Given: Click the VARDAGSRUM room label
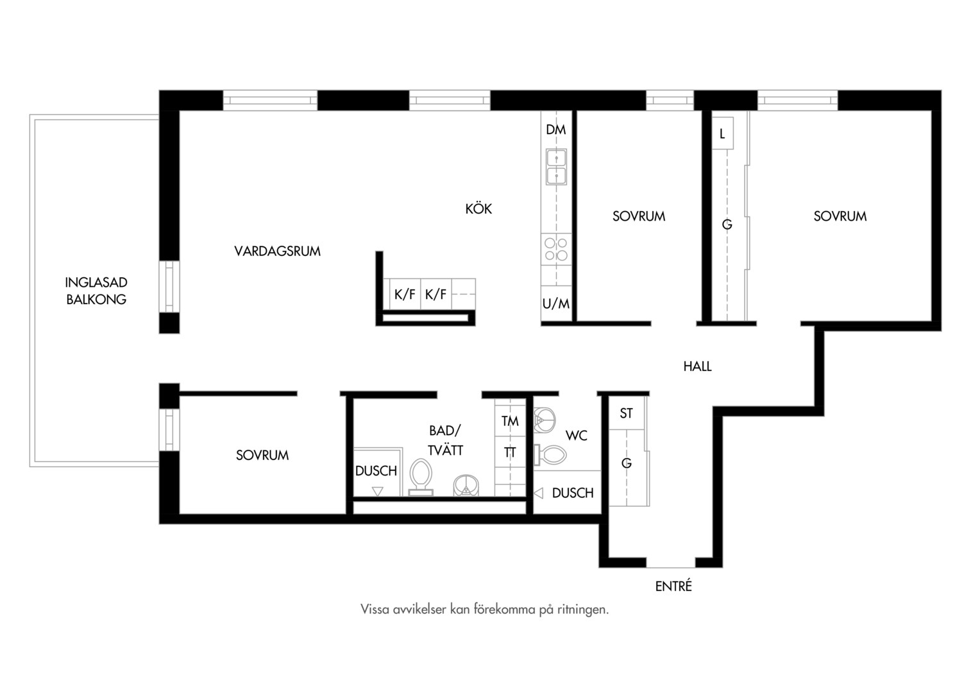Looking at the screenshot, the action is [x=277, y=251].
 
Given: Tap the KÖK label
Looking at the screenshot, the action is [x=478, y=209].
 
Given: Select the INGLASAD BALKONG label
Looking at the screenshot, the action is [x=96, y=291].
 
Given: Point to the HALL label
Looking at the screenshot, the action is [x=697, y=366].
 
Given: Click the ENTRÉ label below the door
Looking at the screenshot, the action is [x=673, y=586].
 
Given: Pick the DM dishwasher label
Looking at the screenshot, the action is [x=555, y=130].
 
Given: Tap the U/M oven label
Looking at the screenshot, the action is [x=555, y=304].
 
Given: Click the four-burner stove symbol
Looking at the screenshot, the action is [x=556, y=249].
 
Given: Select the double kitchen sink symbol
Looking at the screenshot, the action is [x=556, y=167].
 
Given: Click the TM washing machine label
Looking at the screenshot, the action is [x=510, y=421].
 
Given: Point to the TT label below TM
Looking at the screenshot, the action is [x=510, y=452].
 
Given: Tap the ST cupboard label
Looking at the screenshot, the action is [x=626, y=413].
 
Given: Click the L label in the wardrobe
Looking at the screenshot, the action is [x=722, y=133].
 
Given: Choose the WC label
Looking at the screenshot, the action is [x=576, y=436].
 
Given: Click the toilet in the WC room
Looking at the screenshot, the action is [x=550, y=455].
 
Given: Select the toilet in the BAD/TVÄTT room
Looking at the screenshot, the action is [x=421, y=477].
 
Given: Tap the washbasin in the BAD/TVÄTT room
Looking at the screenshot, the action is [x=466, y=486].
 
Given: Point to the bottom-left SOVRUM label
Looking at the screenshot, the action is [x=262, y=456].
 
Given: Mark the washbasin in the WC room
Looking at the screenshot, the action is [x=545, y=420].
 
